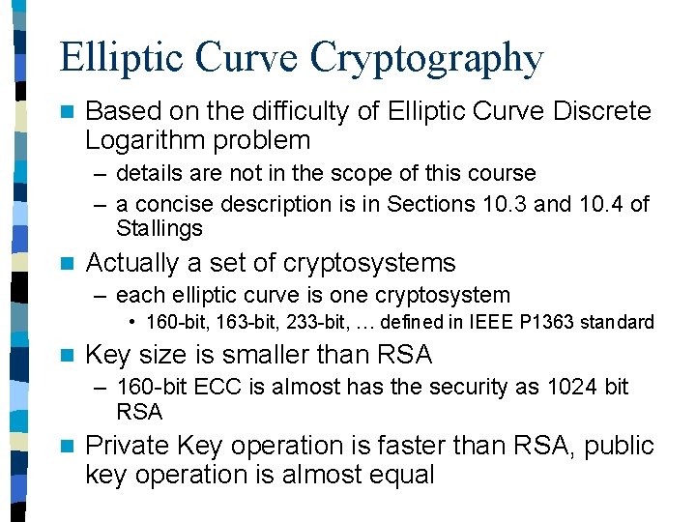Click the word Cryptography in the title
426,58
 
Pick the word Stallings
159,229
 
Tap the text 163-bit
232,321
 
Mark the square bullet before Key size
66,356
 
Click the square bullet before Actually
66,264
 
